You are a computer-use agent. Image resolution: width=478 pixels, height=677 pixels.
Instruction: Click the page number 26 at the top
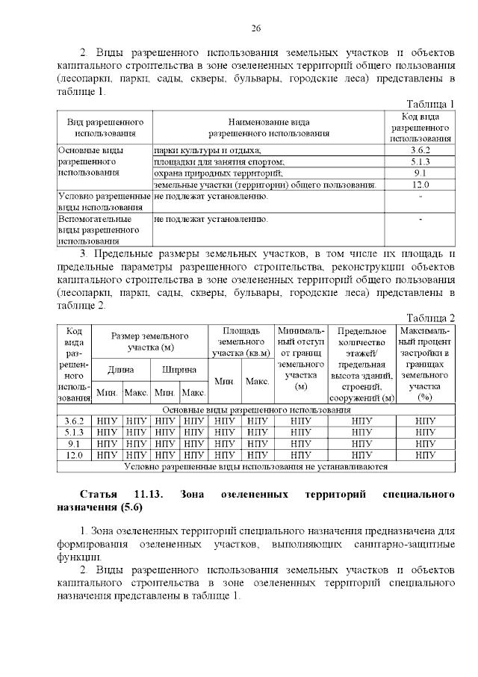[255, 28]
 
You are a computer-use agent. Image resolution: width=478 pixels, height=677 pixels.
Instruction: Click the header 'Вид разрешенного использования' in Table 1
[105, 127]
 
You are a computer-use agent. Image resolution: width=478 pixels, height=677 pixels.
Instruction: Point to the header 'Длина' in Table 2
[121, 369]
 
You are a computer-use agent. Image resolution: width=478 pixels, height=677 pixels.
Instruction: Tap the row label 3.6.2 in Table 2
[74, 421]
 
